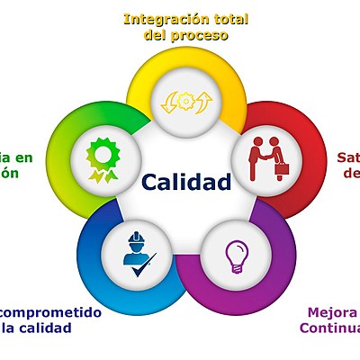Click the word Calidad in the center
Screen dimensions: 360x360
186,182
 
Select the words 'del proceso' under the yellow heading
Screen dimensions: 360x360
186,35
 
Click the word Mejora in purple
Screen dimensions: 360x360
332,312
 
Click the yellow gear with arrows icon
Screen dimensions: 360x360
186,100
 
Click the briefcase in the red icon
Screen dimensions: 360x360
281,167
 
